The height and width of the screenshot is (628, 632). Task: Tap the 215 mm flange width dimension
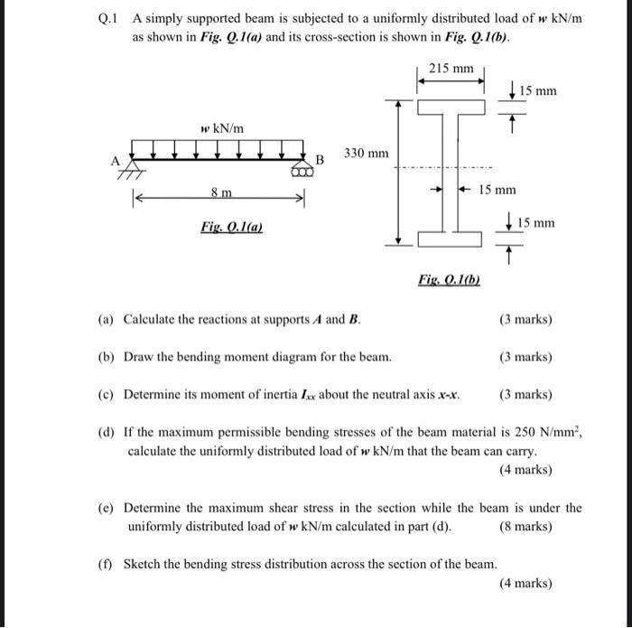pyautogui.click(x=451, y=69)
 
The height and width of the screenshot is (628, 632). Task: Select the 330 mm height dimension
pyautogui.click(x=366, y=154)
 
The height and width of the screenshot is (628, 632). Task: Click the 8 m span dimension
pyautogui.click(x=221, y=192)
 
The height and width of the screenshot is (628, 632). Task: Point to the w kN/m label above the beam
pyautogui.click(x=222, y=129)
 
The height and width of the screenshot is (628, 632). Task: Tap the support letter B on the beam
pyautogui.click(x=319, y=160)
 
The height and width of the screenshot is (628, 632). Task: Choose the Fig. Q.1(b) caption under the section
pyautogui.click(x=449, y=281)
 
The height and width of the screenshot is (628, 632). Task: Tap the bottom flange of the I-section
pyautogui.click(x=450, y=239)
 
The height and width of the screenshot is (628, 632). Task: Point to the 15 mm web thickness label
pyautogui.click(x=497, y=190)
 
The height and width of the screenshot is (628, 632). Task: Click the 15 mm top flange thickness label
pyautogui.click(x=538, y=90)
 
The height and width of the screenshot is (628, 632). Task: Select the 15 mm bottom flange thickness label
pyautogui.click(x=538, y=222)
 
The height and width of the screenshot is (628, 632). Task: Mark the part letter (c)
pyautogui.click(x=106, y=395)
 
